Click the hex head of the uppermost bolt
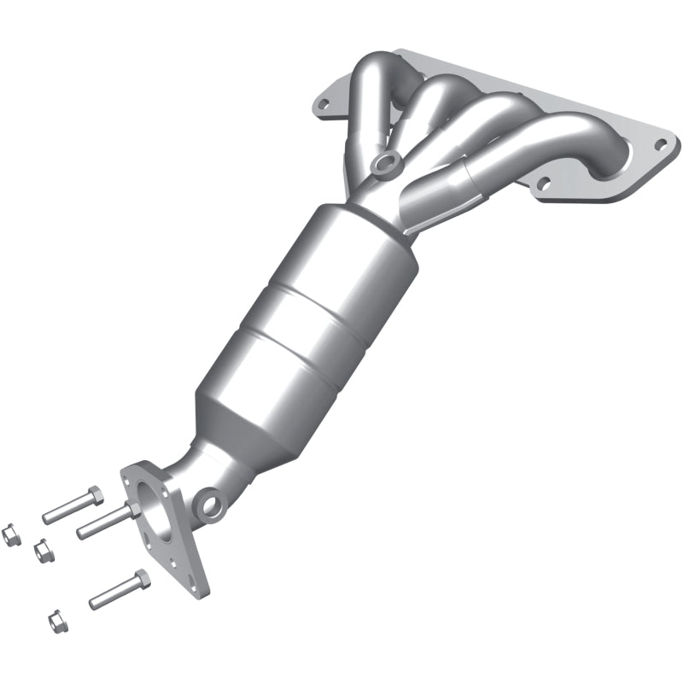[94, 495]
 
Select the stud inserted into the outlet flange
[102, 522]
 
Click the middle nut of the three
[39, 552]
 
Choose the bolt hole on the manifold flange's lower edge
[540, 182]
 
